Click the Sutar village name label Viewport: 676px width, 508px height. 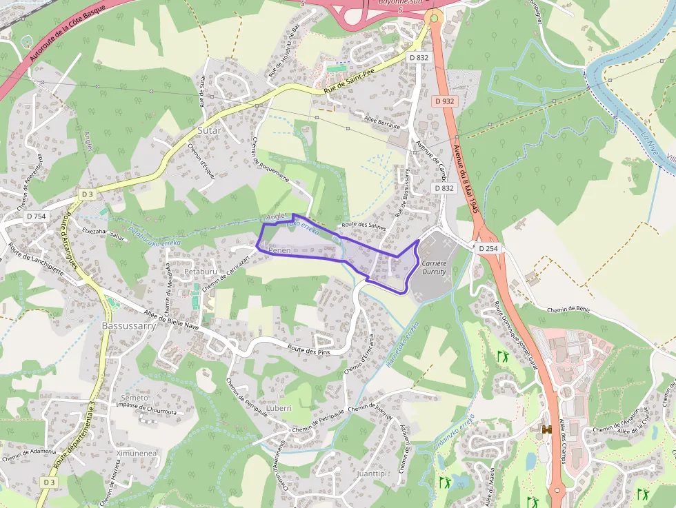coord(210,130)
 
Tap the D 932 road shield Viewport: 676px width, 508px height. coord(445,101)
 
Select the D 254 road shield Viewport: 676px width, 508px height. coord(488,247)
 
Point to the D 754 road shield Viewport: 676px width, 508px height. coord(36,216)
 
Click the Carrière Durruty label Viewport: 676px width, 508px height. coord(434,267)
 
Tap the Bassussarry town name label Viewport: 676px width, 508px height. coord(129,325)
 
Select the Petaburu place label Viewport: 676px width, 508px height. coord(201,272)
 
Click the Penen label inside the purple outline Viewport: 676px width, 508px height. coord(279,250)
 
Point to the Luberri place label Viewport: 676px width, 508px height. coord(279,408)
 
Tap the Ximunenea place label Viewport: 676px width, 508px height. coord(137,454)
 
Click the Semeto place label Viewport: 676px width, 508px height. coord(135,398)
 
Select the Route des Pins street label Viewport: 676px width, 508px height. coord(310,350)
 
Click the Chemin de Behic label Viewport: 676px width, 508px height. coord(570,310)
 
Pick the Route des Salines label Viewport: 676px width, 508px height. coord(363,225)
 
